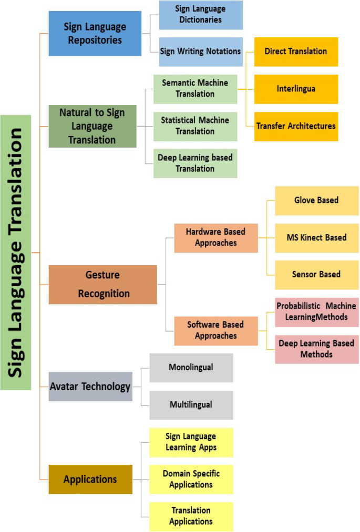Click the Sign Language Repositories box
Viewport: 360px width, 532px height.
coord(95,33)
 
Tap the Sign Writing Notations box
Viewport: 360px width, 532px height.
coord(201,51)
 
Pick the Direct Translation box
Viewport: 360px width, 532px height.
coord(296,51)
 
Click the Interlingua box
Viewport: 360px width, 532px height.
coord(296,89)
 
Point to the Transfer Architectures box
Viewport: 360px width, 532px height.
coord(296,126)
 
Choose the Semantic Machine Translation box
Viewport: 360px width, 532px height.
coord(196,89)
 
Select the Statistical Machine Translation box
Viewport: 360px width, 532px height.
coord(196,126)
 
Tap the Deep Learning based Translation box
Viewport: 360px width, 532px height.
coord(196,163)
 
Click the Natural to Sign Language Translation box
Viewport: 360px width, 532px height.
coord(93,126)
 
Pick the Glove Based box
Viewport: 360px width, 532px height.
coord(316,200)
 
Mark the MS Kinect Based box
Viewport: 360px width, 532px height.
coord(316,237)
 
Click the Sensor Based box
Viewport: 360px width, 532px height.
coord(316,274)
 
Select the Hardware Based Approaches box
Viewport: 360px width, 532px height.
coord(216,237)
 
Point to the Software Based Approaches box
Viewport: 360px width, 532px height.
coord(216,330)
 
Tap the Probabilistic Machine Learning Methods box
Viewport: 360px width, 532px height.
coord(316,312)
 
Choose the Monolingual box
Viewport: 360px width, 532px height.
coord(191,367)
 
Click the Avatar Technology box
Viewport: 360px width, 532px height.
coord(90,387)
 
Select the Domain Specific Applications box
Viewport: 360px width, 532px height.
coord(191,479)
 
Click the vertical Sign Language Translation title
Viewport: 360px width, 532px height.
coord(16,252)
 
